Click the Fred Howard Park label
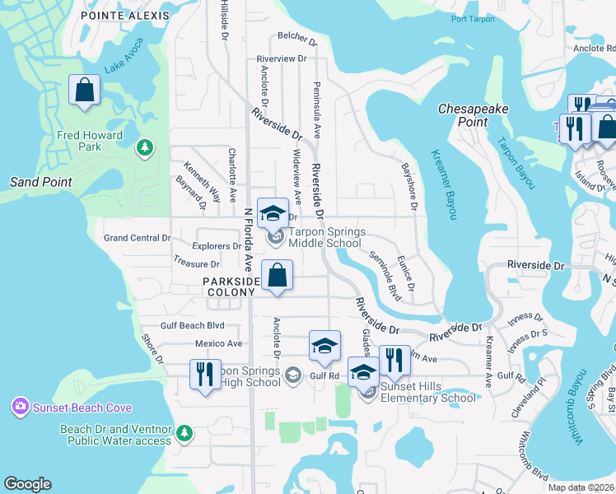(90, 141)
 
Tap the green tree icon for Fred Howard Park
(145, 147)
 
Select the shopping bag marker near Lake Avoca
(85, 91)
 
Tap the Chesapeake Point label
(473, 114)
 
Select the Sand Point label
(40, 182)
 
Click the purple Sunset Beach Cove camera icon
(19, 406)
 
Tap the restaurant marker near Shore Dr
(205, 374)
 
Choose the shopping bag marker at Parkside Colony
(278, 275)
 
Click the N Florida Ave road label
(247, 240)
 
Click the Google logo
(27, 484)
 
